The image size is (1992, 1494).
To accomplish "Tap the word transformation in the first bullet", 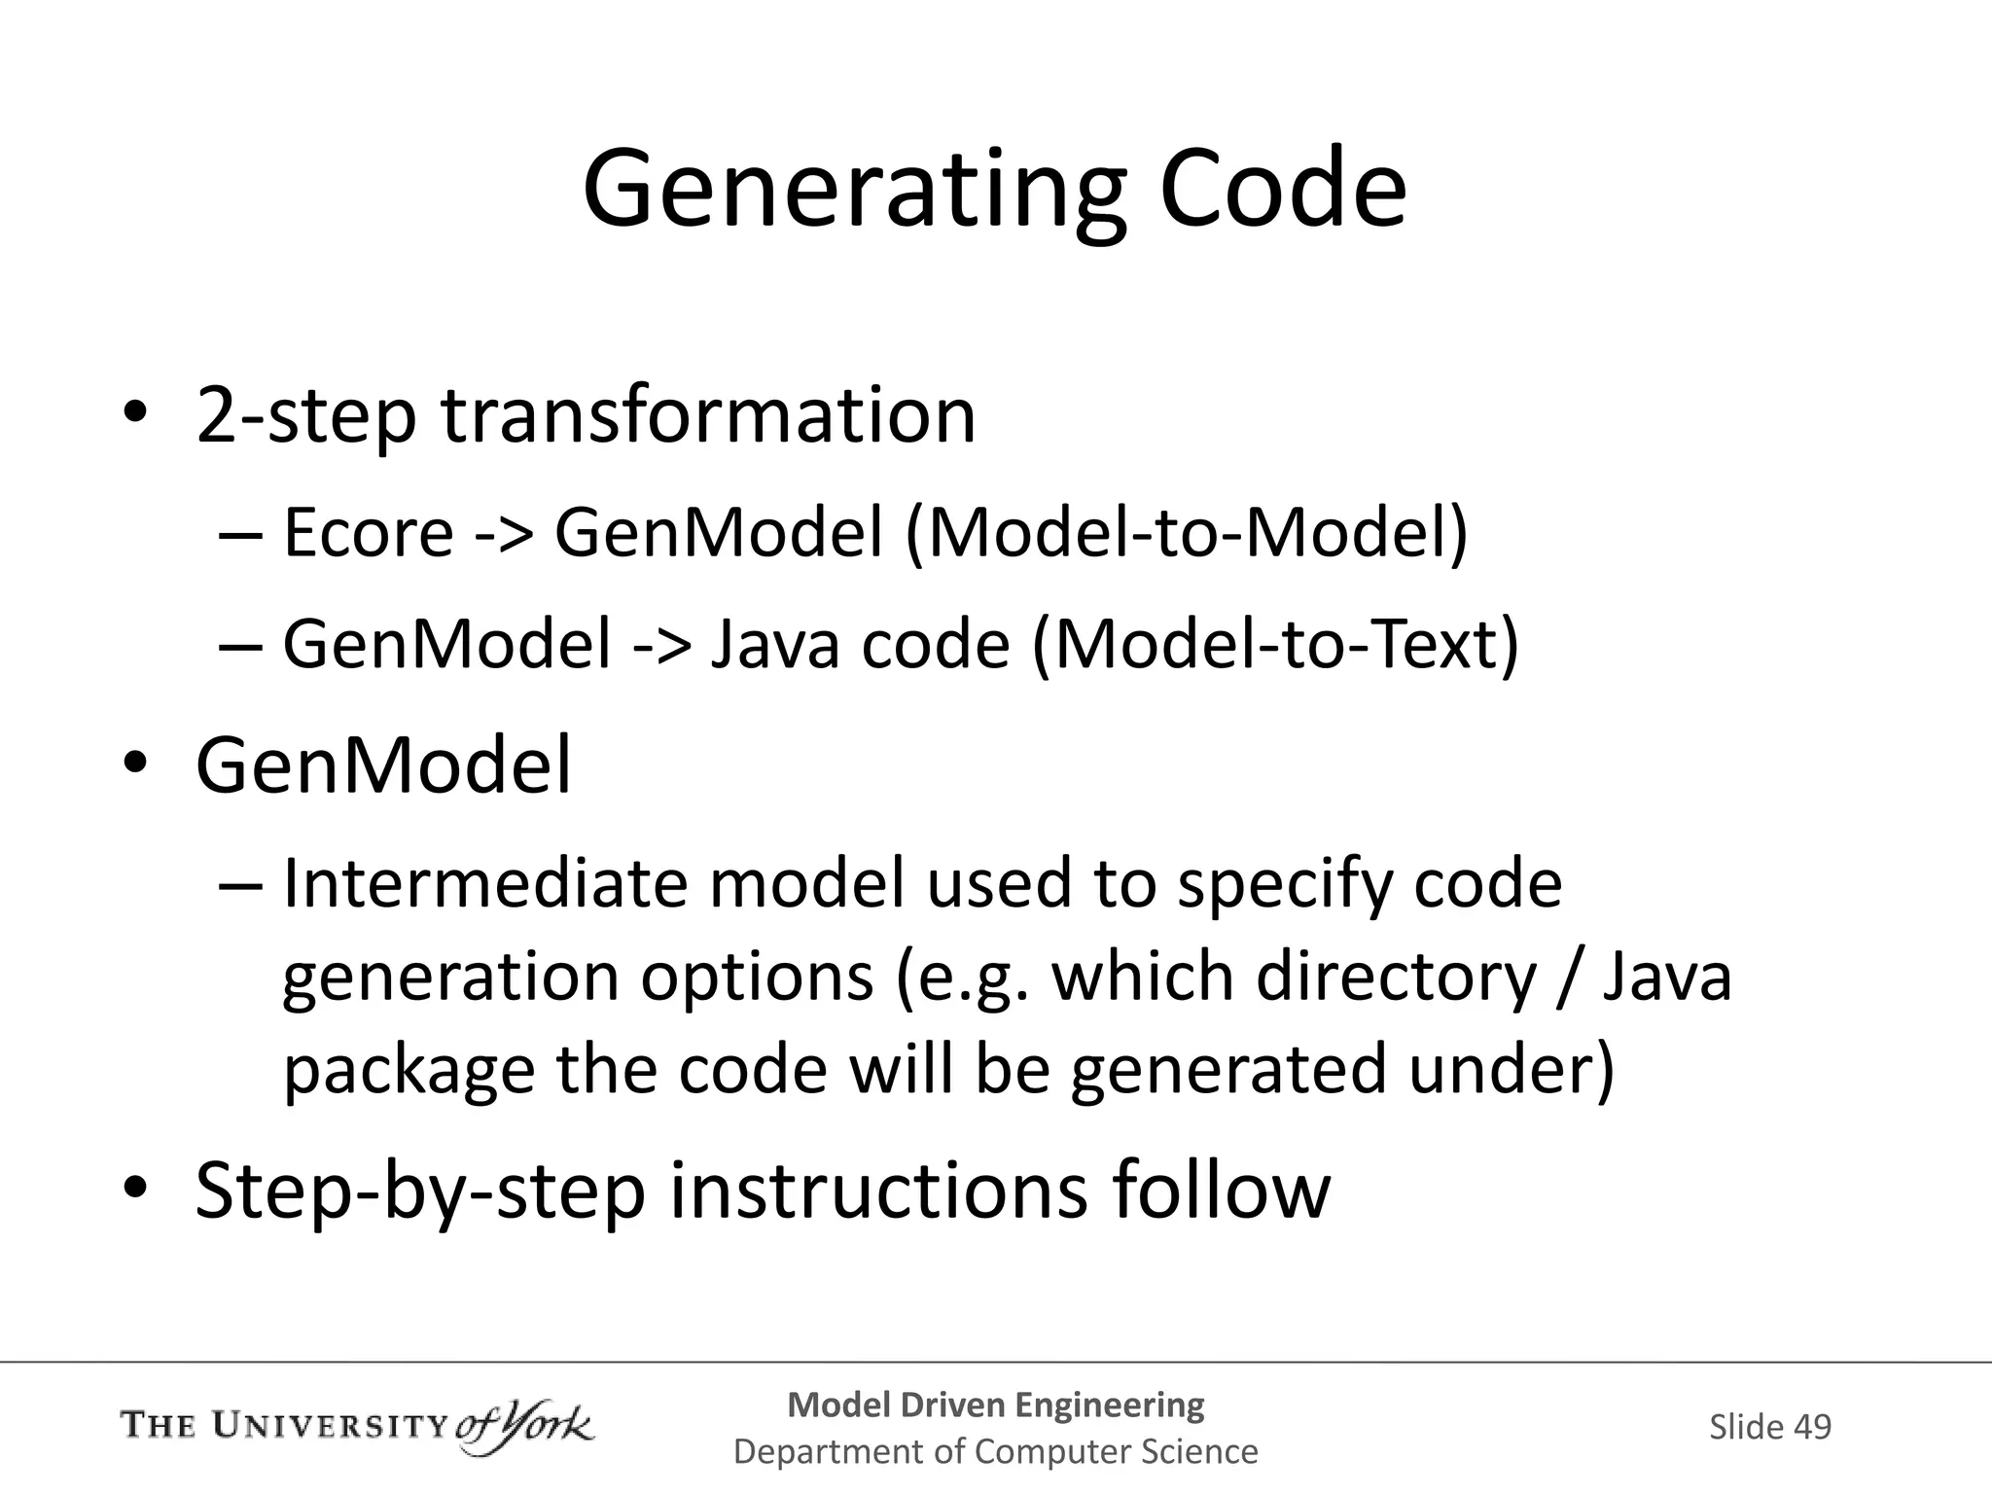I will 708,416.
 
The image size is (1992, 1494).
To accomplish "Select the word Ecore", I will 368,534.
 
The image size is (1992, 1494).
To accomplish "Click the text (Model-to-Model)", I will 1186,534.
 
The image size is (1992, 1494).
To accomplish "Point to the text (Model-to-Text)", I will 1275,645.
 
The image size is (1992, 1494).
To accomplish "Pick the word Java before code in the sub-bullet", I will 774,645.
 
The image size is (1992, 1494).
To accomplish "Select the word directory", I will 1396,977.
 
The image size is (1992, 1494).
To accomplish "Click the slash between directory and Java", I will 1568,977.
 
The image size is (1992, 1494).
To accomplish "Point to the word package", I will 409,1070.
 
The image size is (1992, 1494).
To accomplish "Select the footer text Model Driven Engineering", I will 995,1405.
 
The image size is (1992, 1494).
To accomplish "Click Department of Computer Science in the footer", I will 995,1452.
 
